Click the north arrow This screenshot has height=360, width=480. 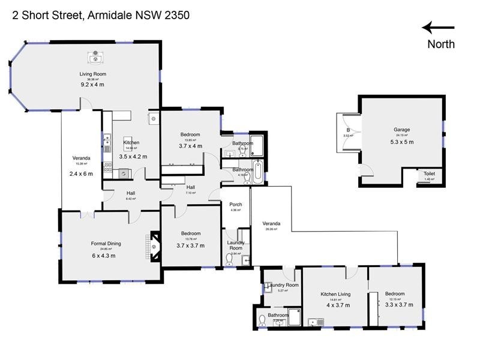(x=438, y=27)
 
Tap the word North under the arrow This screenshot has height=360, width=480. (x=441, y=44)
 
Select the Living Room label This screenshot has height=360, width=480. (x=93, y=74)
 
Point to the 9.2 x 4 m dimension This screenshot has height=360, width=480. (x=93, y=85)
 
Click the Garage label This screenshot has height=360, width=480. (x=401, y=130)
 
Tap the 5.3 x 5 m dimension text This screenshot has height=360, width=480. (x=401, y=142)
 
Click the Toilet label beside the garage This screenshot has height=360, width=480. (x=429, y=173)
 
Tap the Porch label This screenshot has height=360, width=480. (x=236, y=205)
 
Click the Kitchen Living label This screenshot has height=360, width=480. (x=335, y=294)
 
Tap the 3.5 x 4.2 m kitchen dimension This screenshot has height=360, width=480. (x=133, y=156)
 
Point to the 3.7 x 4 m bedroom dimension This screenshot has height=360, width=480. (x=190, y=146)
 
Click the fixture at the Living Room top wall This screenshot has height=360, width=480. (x=94, y=58)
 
